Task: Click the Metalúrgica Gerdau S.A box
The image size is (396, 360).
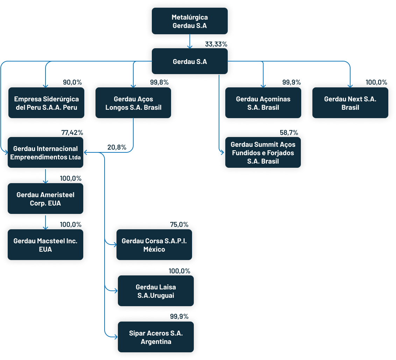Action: pos(190,21)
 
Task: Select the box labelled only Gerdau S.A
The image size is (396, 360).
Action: pos(190,62)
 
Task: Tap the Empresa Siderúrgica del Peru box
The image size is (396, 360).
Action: pos(46,103)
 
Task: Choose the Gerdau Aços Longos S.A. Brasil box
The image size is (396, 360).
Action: pos(133,103)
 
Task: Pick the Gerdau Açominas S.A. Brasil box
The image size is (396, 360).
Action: pos(263,103)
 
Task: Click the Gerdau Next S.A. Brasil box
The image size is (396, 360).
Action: pos(350,103)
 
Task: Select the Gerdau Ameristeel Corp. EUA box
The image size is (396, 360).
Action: pos(45,199)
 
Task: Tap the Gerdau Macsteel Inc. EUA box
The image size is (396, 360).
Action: pos(45,245)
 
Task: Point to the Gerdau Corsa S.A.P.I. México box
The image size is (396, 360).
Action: pos(154,245)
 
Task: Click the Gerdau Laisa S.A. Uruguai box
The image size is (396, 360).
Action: pos(156,291)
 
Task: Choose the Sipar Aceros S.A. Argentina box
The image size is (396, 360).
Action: pos(156,337)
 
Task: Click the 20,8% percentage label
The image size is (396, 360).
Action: pos(117,147)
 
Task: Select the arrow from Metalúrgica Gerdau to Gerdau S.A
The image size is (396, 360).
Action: pos(190,41)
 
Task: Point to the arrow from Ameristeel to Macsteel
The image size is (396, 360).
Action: pos(45,222)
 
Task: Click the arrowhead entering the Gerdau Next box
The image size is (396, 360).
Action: pos(350,85)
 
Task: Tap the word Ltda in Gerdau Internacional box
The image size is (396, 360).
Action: pos(75,157)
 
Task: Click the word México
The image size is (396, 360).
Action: pos(154,249)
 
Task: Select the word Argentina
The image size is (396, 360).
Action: pos(156,341)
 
